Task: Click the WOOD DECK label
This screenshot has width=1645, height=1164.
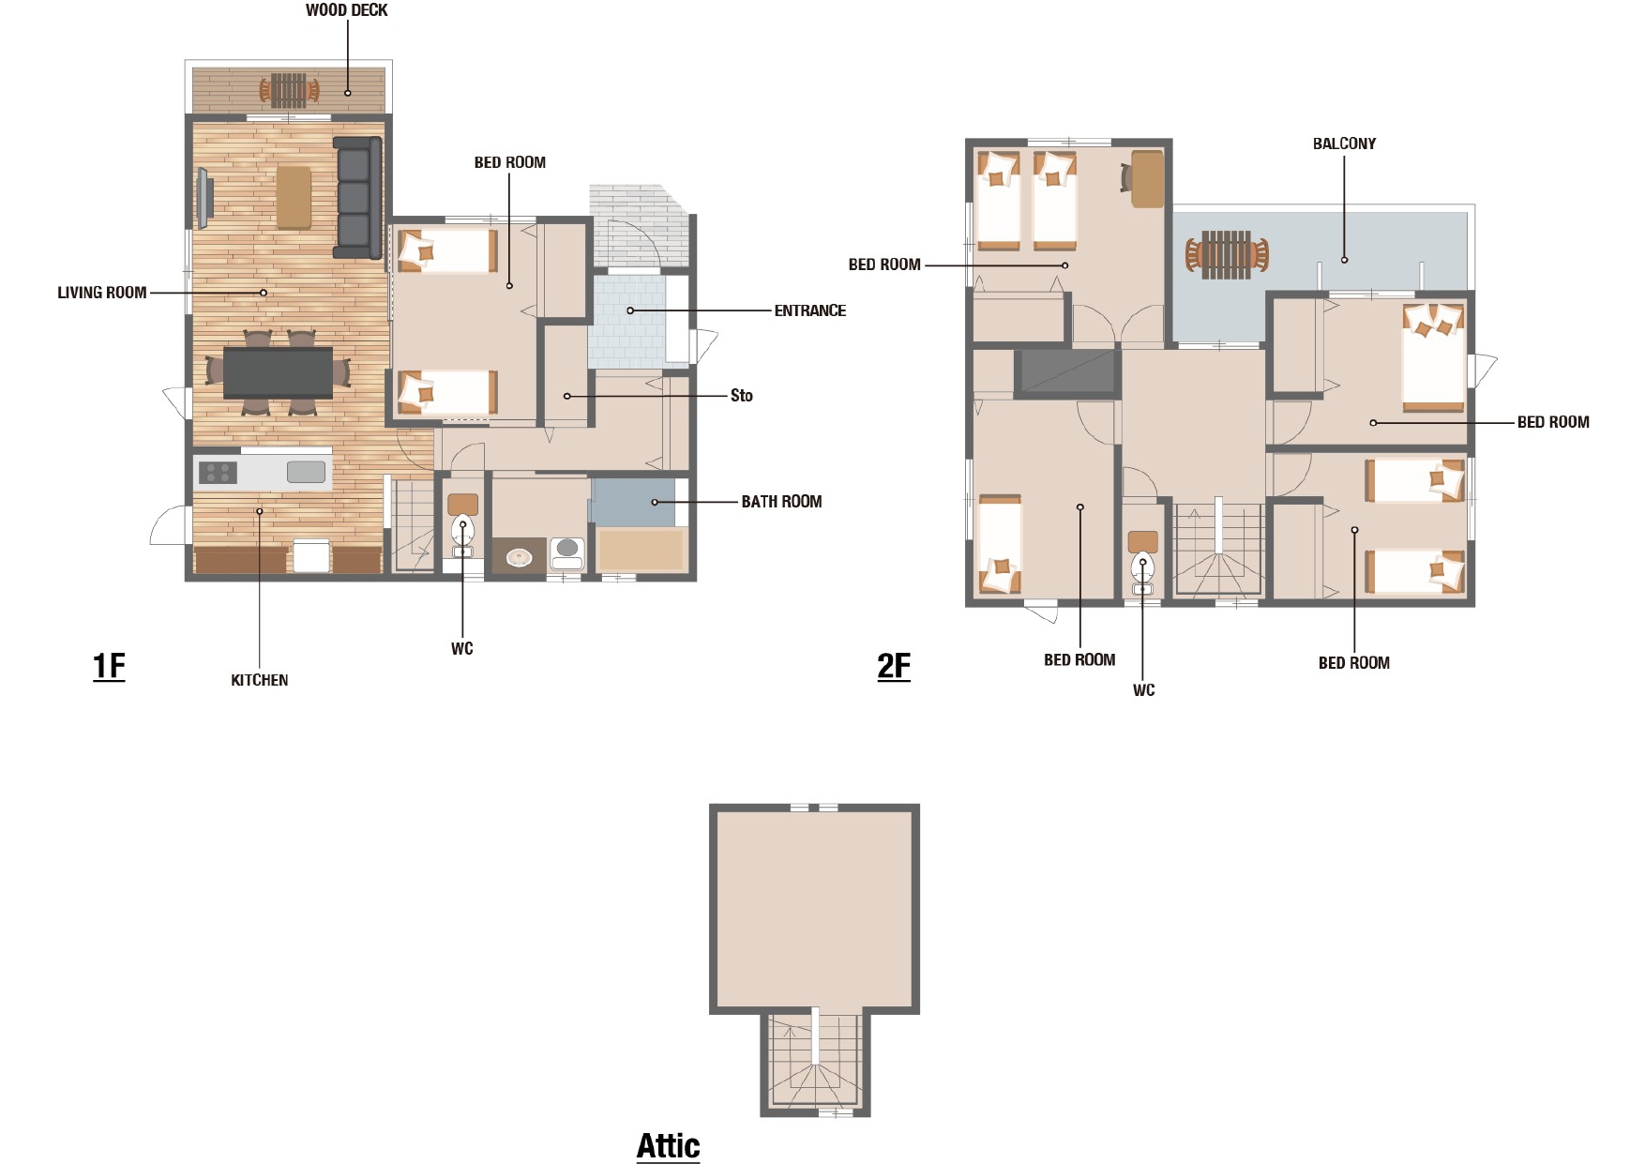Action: click(x=346, y=10)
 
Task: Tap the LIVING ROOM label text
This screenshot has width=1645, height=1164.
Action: click(x=102, y=293)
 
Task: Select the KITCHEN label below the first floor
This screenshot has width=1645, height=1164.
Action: click(x=260, y=680)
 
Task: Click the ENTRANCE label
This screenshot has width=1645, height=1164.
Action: click(x=810, y=310)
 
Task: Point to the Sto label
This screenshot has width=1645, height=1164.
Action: click(x=742, y=396)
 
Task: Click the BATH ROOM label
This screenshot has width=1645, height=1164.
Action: click(x=781, y=502)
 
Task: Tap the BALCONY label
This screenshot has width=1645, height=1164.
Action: click(x=1344, y=144)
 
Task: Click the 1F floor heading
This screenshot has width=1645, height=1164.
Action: click(x=109, y=666)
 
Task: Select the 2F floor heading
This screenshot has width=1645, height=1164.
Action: click(x=894, y=666)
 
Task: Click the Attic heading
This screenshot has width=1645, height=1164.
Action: click(x=669, y=1146)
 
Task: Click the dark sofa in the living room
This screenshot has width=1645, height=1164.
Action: click(x=358, y=197)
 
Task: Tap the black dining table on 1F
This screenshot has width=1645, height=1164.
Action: click(x=278, y=372)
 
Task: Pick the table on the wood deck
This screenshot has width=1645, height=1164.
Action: click(x=289, y=90)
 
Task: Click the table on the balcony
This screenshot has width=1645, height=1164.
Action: click(x=1226, y=254)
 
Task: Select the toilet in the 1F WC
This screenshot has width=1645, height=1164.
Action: click(x=463, y=533)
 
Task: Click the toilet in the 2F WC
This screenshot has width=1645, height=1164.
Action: click(x=1142, y=572)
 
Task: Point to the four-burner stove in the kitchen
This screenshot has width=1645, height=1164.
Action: click(x=218, y=473)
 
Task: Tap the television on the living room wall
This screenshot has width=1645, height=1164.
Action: click(x=204, y=198)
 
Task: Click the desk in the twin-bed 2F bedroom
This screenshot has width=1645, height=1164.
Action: click(x=1147, y=178)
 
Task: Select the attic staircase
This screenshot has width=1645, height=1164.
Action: click(x=815, y=1061)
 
